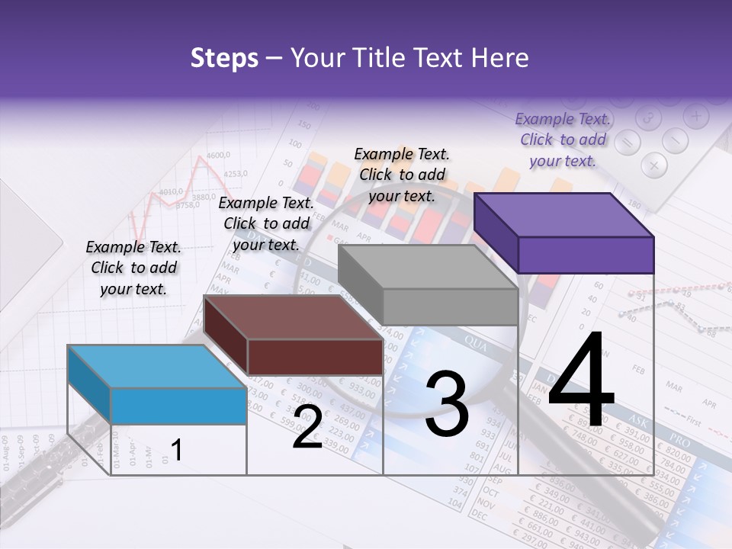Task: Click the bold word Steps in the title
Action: [224, 58]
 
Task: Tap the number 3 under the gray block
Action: [447, 404]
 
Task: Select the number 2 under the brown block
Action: [307, 428]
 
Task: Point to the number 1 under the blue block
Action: [176, 450]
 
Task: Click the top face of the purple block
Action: [564, 215]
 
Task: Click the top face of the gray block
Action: [427, 267]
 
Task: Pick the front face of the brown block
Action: [315, 357]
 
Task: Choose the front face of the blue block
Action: [178, 406]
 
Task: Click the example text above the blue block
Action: [133, 268]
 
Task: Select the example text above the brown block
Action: [266, 223]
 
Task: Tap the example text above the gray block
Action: [402, 175]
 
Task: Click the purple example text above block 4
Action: [563, 140]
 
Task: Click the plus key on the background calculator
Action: [695, 117]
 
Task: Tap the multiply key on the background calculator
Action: [653, 164]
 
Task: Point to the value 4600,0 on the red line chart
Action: [217, 155]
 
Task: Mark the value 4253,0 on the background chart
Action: [236, 173]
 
